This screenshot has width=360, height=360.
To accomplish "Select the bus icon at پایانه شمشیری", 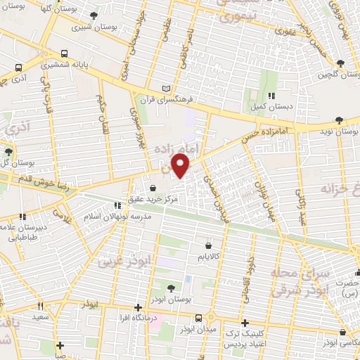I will click(65, 53).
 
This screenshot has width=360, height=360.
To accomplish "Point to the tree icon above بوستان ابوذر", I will click(172, 287).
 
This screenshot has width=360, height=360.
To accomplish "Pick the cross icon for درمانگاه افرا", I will click(139, 307).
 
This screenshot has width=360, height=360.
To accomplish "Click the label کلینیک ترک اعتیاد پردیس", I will click(241, 340).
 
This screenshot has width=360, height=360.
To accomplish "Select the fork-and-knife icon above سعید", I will click(39, 306).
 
